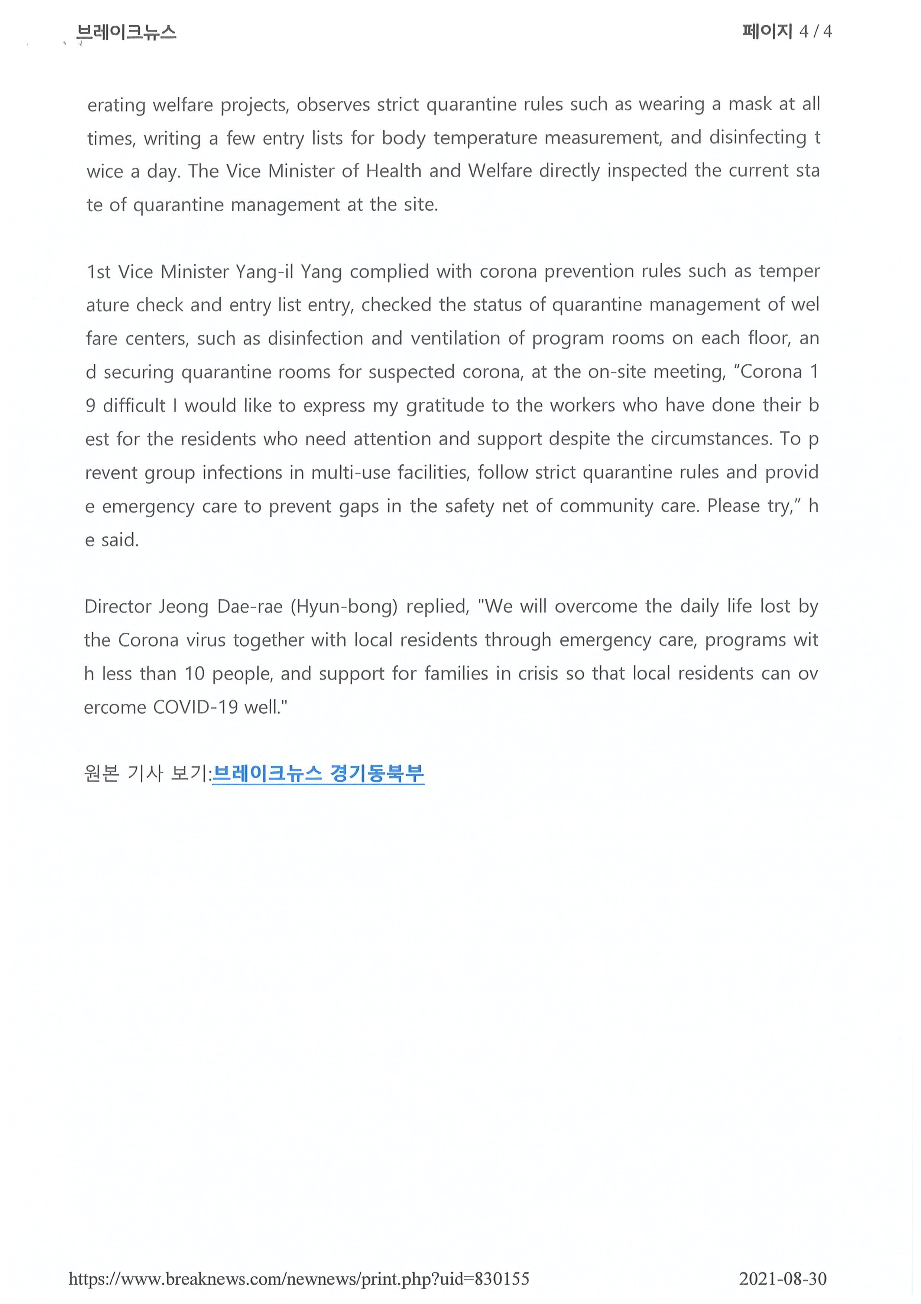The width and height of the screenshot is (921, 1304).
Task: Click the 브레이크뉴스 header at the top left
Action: (126, 32)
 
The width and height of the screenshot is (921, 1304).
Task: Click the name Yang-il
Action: (265, 272)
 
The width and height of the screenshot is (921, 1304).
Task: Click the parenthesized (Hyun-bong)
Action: (344, 607)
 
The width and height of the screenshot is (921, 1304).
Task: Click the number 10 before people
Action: (194, 674)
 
